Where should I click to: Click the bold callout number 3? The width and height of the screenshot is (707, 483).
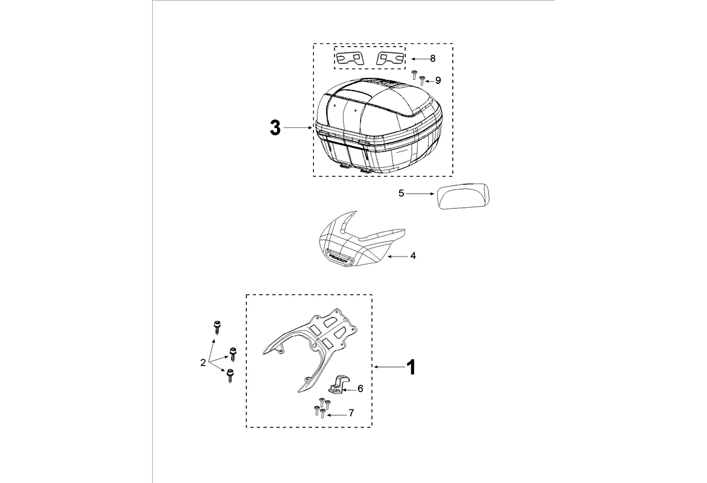275,128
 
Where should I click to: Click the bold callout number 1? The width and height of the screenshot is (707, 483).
411,367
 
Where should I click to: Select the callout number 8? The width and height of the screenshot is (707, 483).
432,59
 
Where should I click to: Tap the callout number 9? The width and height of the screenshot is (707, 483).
438,80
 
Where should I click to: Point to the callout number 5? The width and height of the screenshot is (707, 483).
401,194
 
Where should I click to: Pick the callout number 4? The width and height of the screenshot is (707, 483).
413,256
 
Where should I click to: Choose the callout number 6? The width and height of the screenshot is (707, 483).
360,389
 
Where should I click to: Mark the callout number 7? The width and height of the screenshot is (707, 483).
351,414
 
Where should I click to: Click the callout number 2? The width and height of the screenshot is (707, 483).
203,363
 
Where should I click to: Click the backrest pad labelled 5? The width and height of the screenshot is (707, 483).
463,197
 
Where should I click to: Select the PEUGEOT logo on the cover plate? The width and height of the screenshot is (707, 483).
339,256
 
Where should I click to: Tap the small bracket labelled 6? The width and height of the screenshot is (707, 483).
338,385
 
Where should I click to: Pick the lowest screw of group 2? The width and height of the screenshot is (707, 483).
229,376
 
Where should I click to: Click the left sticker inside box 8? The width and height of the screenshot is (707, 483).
350,58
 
